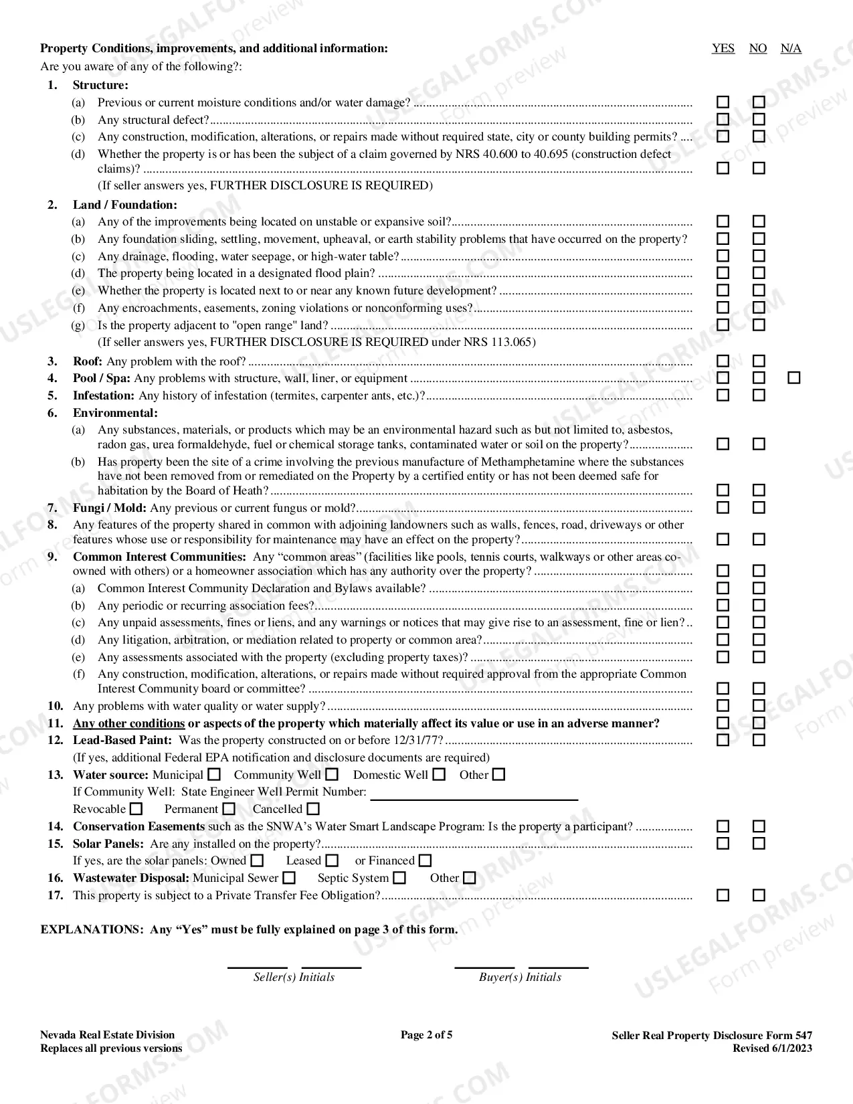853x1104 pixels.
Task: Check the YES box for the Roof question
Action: (723, 361)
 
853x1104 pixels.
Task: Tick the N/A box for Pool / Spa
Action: (793, 378)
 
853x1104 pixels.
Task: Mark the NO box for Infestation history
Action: (758, 395)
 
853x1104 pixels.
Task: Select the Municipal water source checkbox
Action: (213, 775)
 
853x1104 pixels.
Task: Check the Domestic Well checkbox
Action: (439, 775)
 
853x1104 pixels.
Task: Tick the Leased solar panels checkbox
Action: (332, 860)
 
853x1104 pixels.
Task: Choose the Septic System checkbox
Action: (399, 878)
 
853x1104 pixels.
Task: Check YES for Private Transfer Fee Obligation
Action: (723, 895)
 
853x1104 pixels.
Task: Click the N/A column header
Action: (791, 48)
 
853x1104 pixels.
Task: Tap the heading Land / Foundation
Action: (125, 205)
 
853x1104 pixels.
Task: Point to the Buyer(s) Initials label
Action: (520, 977)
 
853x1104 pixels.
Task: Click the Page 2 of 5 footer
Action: (426, 1035)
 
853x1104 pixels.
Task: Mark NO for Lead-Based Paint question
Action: (758, 740)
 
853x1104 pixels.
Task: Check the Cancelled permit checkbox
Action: (313, 809)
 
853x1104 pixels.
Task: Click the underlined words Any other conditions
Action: (128, 723)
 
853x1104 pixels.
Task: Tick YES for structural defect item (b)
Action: (723, 120)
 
